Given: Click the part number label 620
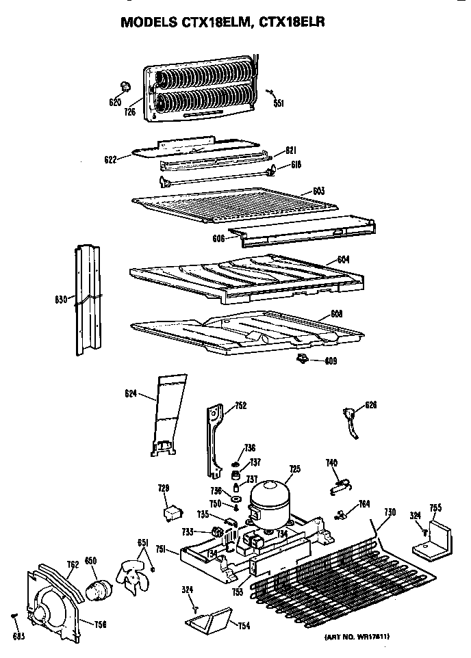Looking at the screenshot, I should click(x=115, y=103).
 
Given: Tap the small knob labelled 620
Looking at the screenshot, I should click(x=125, y=86).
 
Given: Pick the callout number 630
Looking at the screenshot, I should click(x=61, y=300).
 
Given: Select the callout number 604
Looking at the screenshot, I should click(x=343, y=260).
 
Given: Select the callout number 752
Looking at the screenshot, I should click(x=240, y=406).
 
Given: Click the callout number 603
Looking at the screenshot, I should click(x=318, y=191).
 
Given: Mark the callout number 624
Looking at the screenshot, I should click(x=131, y=393).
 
